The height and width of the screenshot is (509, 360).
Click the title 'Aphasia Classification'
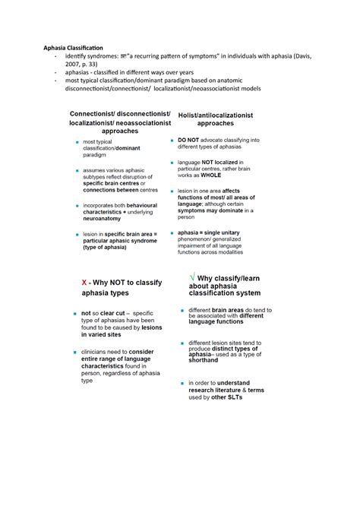pos(72,48)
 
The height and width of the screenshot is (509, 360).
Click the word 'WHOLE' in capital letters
pos(212,175)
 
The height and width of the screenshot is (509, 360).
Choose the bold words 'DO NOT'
pos(191,140)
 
